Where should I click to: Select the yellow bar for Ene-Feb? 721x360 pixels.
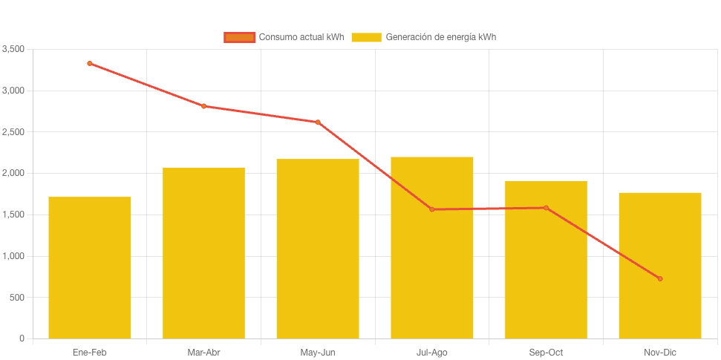(90, 267)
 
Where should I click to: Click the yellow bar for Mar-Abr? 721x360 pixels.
(203, 252)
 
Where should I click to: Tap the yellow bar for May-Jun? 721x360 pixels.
(318, 249)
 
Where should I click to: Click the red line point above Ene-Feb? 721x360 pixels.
(90, 63)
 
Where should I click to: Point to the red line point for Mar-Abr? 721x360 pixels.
(203, 106)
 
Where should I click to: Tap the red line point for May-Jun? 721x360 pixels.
(318, 122)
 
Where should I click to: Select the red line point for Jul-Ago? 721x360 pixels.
(432, 209)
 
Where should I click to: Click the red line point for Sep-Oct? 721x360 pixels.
(546, 208)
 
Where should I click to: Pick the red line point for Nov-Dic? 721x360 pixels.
(660, 278)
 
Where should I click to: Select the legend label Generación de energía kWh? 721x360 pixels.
(441, 37)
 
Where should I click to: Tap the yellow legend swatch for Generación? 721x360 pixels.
(366, 37)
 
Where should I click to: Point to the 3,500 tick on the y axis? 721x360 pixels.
(13, 49)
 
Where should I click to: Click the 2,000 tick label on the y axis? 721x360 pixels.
(13, 173)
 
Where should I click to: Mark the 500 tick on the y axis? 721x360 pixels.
(17, 298)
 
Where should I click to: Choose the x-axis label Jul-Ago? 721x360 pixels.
(432, 352)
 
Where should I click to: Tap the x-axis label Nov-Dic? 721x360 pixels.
(660, 352)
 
